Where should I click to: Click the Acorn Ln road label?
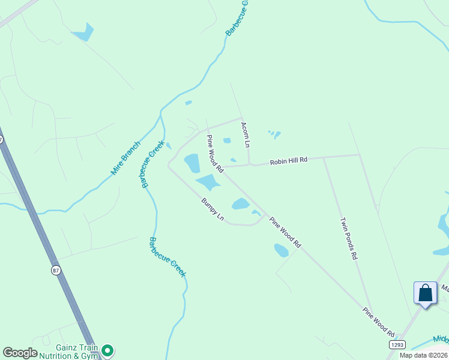(x=245, y=134)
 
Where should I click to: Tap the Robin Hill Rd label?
(x=288, y=160)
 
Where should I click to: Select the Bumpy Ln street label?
(x=212, y=208)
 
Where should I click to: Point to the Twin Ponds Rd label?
(x=349, y=238)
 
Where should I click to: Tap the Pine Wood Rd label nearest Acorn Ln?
(x=214, y=154)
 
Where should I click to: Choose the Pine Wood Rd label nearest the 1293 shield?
(x=379, y=322)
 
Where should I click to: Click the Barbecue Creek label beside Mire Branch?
(x=149, y=166)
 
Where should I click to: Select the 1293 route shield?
(x=397, y=344)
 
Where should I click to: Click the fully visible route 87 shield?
(x=56, y=271)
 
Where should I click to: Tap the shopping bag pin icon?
(x=425, y=293)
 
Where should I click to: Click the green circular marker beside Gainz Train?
(x=107, y=349)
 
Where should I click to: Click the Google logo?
(x=20, y=353)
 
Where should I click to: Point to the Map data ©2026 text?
(x=424, y=355)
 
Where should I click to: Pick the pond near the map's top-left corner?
(x=85, y=33)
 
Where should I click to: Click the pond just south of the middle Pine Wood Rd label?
(x=281, y=250)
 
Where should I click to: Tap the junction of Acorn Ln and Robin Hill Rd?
(x=249, y=164)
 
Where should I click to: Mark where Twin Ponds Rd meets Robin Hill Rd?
(x=324, y=158)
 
